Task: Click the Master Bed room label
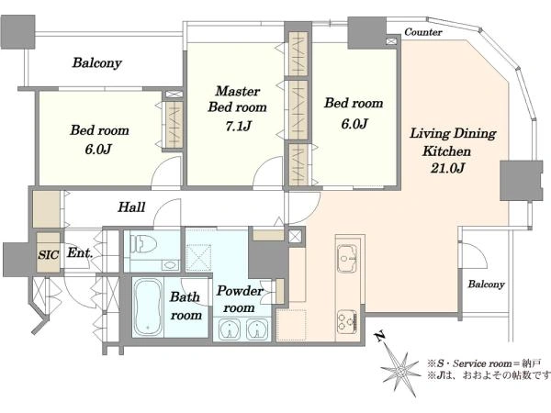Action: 238,99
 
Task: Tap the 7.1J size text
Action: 238,126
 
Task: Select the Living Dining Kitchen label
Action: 453,142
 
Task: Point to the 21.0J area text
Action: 448,168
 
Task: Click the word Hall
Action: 131,206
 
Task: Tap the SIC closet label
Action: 48,254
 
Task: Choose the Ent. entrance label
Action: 80,252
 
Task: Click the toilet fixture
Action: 143,243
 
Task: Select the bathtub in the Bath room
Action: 148,307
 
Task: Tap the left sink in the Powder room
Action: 230,329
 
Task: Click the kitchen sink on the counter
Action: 347,259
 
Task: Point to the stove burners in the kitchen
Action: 347,321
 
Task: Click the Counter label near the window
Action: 423,32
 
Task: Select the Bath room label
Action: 186,306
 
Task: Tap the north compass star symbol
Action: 400,370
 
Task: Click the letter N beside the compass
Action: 380,337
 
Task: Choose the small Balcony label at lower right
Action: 486,285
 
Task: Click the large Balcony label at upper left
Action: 97,62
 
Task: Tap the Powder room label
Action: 240,299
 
